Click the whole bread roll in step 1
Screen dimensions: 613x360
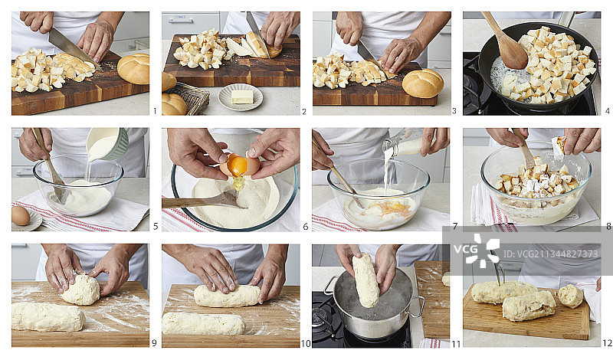tap(133, 69)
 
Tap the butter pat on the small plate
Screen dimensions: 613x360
tap(242, 97)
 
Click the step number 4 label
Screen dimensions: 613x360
tap(607, 111)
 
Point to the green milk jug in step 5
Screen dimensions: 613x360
tap(107, 143)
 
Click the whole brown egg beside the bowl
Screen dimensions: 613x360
tap(21, 216)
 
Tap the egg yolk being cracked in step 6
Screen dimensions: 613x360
tap(238, 165)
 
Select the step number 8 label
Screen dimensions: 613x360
tap(608, 226)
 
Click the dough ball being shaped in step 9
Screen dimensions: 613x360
tap(81, 290)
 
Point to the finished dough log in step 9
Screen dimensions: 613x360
tap(48, 316)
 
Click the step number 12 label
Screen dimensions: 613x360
tap(607, 343)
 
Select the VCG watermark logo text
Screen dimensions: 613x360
tap(466, 249)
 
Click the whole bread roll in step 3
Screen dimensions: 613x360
tap(423, 83)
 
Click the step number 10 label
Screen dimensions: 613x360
tap(306, 344)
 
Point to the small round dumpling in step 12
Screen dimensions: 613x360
tap(570, 296)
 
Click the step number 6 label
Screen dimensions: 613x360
tap(305, 226)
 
